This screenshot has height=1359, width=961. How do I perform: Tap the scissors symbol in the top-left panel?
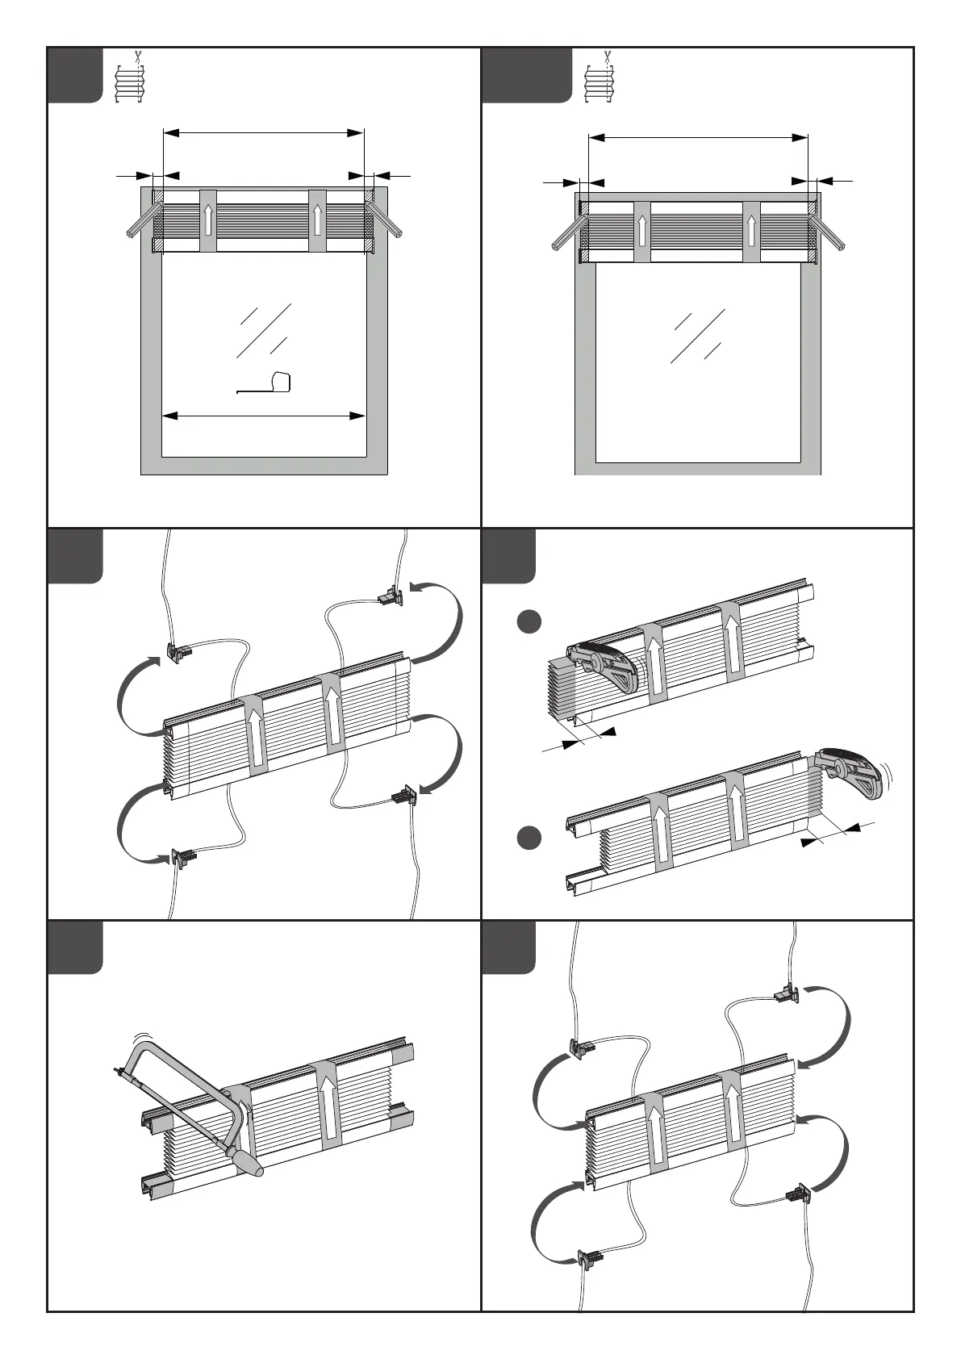(x=138, y=56)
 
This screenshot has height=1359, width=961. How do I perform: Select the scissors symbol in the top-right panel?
(x=606, y=56)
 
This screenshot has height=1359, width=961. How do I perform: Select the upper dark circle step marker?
(x=529, y=624)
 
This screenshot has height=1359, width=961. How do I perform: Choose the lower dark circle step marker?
(x=529, y=838)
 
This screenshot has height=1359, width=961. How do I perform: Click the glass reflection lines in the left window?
(x=263, y=331)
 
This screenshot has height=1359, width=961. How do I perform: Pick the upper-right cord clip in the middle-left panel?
(x=391, y=597)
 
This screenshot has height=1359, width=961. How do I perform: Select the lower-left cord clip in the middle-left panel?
(x=184, y=857)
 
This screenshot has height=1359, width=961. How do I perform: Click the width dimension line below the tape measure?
(x=265, y=416)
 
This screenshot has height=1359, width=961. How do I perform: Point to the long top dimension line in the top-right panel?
(x=698, y=138)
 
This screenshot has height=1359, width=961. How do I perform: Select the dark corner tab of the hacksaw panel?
(x=75, y=947)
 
